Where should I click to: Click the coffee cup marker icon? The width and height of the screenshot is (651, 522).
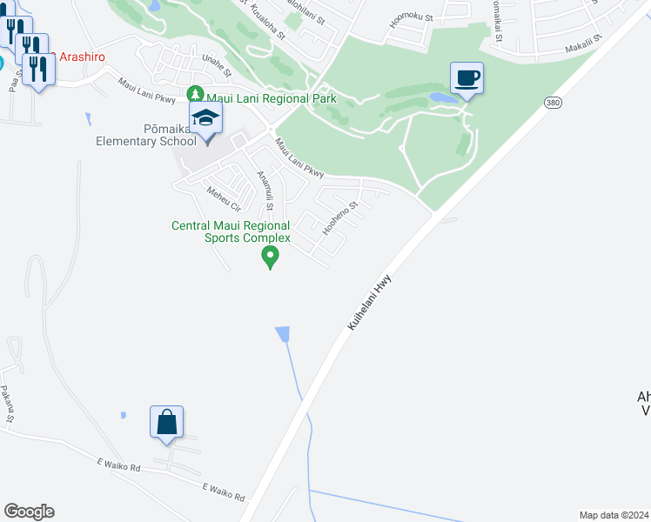point(466,78)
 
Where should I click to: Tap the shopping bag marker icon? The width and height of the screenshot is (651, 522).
point(166,423)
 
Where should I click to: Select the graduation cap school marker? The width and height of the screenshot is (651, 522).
point(205,119)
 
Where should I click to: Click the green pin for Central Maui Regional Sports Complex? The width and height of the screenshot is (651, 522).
point(270,256)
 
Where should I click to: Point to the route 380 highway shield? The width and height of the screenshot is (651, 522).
point(552,102)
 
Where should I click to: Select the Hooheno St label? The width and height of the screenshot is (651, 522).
point(340,219)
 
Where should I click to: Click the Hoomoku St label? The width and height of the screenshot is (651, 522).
point(406,18)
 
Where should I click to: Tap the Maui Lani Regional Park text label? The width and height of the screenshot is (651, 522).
point(271,99)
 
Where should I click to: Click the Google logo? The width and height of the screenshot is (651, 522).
point(29,512)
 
